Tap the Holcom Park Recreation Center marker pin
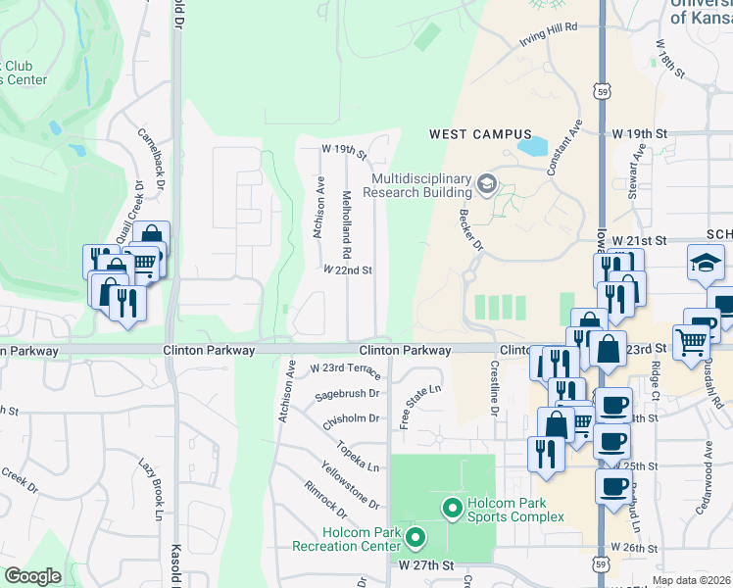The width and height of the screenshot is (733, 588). coord(415,536)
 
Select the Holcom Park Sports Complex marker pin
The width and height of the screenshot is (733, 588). coord(452,508)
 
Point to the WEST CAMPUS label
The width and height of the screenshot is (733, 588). coord(480,134)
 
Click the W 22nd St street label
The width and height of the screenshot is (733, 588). coord(348,269)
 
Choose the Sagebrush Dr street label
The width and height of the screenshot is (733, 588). coord(347,394)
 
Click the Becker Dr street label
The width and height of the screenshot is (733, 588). coord(471,228)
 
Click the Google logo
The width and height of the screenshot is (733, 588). coord(32,577)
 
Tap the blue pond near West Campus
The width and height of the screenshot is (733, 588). coord(532,147)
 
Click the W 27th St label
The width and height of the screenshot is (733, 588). coord(426,565)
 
